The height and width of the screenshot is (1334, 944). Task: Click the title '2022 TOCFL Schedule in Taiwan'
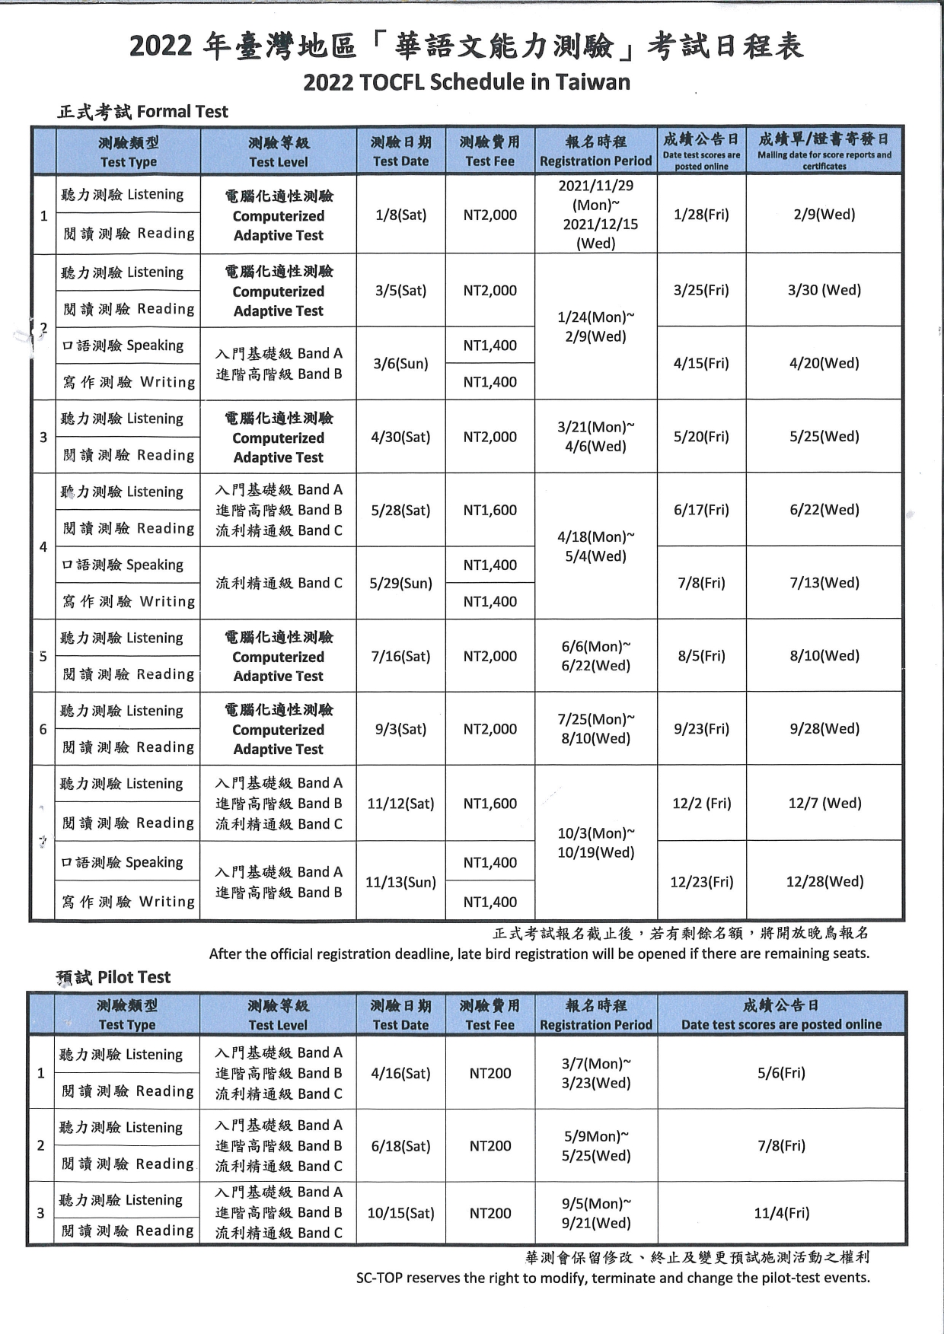[467, 82]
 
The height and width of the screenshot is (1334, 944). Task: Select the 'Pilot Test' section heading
[134, 977]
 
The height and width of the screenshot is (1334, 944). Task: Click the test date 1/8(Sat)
[400, 215]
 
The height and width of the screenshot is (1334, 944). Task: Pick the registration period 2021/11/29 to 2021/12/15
[596, 215]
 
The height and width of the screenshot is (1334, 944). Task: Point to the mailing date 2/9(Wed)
[824, 215]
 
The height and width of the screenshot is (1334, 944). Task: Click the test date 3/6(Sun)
[400, 364]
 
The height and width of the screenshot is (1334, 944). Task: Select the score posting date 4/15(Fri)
[701, 364]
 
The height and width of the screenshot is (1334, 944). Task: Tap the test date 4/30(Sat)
[400, 437]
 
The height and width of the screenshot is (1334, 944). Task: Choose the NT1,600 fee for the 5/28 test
[490, 510]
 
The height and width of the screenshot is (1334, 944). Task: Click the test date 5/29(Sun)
[400, 584]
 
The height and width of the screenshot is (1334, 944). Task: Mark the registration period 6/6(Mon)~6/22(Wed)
[596, 656]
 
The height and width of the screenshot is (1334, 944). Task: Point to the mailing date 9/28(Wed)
[824, 729]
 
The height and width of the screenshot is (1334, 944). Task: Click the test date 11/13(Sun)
[400, 882]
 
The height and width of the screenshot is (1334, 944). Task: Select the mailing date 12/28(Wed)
[824, 882]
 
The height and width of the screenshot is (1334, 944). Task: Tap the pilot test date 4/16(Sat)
[400, 1073]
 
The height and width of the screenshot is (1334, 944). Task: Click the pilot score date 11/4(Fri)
[781, 1213]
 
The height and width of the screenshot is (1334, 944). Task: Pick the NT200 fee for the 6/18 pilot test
[490, 1146]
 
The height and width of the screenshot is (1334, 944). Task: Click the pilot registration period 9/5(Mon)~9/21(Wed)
[596, 1213]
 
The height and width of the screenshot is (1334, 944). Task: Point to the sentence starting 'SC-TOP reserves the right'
[613, 1278]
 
